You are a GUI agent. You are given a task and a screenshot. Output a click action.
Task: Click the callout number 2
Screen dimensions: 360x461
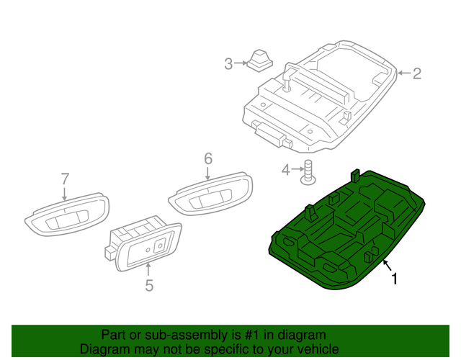click(416, 73)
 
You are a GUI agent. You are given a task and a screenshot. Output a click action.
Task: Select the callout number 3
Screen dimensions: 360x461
click(228, 64)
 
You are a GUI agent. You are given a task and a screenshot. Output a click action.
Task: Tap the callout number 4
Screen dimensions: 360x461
click(286, 171)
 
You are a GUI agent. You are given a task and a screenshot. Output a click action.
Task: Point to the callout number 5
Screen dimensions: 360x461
click(149, 285)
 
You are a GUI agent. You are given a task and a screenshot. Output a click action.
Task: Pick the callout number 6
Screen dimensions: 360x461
click(208, 158)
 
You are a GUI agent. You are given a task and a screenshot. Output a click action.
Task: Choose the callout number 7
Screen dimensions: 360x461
click(64, 178)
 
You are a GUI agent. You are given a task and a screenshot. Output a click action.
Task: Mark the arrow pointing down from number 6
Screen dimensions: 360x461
click(208, 173)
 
